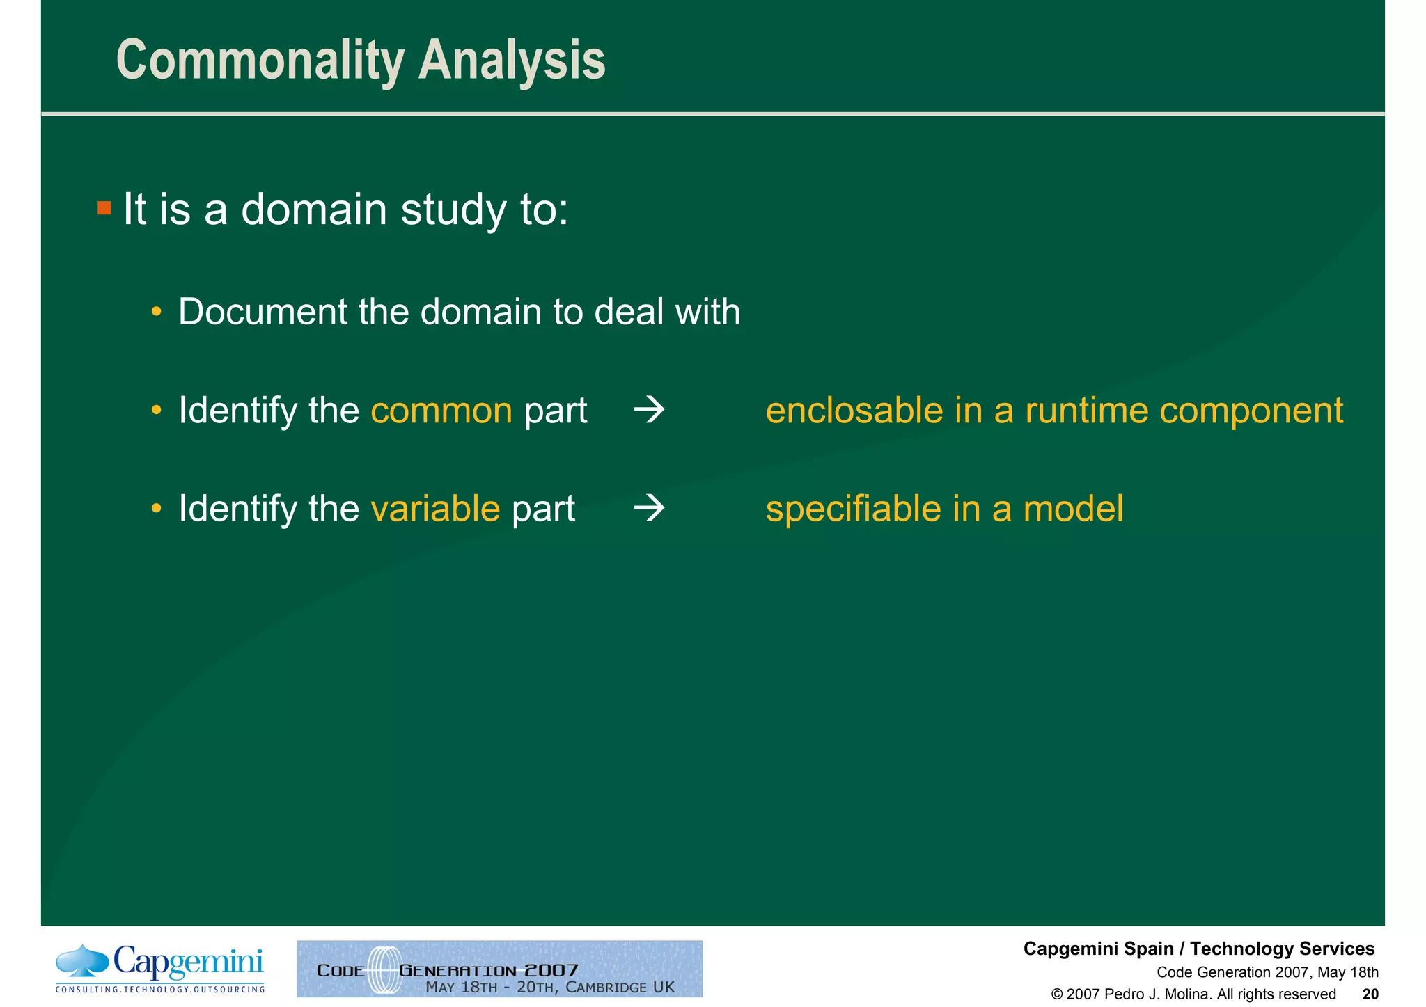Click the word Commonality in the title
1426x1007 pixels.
[260, 61]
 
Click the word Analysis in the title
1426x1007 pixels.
[511, 61]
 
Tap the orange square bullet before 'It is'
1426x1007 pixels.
[104, 208]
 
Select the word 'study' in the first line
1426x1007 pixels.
[453, 209]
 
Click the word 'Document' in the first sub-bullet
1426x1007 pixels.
[262, 312]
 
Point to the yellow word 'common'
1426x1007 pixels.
[441, 411]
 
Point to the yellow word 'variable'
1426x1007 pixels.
[435, 509]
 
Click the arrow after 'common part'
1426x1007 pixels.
[649, 411]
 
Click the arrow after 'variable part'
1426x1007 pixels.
[649, 509]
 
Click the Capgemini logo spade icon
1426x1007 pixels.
[82, 960]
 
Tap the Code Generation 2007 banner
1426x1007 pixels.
[499, 969]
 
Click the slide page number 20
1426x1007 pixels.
[1370, 994]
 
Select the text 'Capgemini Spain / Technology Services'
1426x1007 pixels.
[1198, 949]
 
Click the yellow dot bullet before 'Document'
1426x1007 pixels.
[157, 312]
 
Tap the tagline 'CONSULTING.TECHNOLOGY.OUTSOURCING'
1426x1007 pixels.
[160, 989]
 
